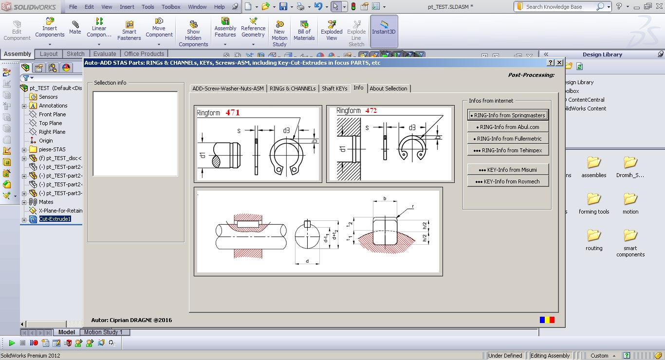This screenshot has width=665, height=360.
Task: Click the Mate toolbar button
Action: point(75,28)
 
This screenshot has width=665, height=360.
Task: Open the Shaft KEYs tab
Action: point(334,89)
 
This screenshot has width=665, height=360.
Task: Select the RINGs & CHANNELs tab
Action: point(293,89)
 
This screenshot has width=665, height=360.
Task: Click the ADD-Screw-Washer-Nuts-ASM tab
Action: point(228,89)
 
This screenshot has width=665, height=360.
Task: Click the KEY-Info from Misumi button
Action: point(508,170)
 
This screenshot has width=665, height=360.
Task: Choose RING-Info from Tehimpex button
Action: point(508,150)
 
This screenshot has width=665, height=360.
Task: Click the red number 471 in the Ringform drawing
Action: point(232,112)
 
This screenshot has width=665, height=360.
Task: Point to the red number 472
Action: point(371,111)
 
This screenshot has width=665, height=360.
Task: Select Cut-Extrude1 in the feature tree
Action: point(55,219)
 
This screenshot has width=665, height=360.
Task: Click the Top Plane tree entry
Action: point(51,123)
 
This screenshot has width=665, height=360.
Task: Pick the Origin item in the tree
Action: point(46,141)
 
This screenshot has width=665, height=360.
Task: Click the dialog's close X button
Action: point(559,63)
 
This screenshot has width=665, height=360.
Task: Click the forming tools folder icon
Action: point(594,198)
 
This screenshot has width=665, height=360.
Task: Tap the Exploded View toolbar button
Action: point(332,31)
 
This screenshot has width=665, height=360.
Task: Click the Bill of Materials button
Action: point(304,31)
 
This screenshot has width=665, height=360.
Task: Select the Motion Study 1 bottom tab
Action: point(103,332)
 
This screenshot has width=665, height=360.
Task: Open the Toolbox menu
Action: point(171,6)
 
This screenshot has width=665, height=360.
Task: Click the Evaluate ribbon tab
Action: point(105,54)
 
